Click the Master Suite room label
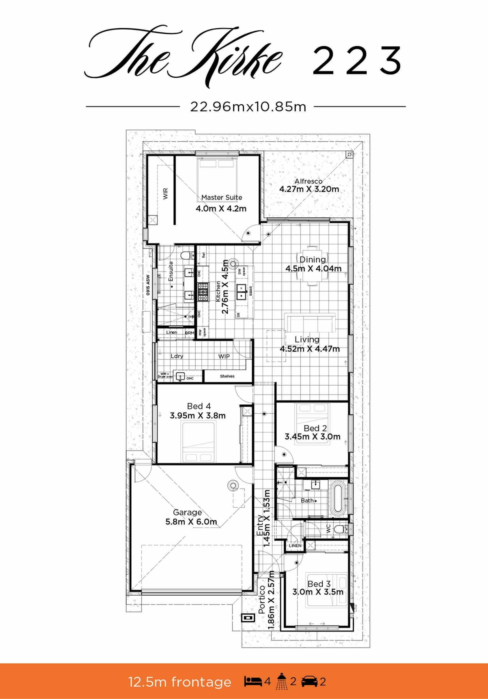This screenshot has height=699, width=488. coord(222,197)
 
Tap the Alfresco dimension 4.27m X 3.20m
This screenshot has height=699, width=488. coord(309,189)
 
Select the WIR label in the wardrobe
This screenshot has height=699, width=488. coord(166,194)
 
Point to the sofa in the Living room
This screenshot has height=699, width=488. coord(310,323)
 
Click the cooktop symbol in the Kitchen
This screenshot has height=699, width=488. coord(203,292)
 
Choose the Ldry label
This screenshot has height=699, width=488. coord(177,356)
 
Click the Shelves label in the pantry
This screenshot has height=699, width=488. coord(227,376)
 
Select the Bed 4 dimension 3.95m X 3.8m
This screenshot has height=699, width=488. coord(198,416)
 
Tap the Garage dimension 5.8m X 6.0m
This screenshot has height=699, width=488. coord(191,522)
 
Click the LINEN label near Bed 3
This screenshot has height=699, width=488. coord(295,545)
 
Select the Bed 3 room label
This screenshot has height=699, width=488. coord(319,584)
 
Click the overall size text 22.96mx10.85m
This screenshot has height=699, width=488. coord(248,107)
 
